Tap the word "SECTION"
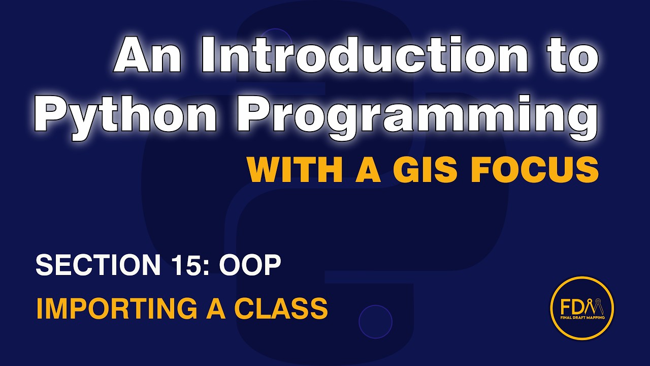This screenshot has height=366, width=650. click(x=96, y=265)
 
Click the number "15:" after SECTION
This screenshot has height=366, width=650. click(x=188, y=265)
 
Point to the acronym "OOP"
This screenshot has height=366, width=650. click(x=250, y=265)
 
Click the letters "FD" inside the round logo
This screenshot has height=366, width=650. click(x=572, y=307)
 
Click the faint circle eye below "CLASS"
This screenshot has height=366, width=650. click(x=375, y=321)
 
